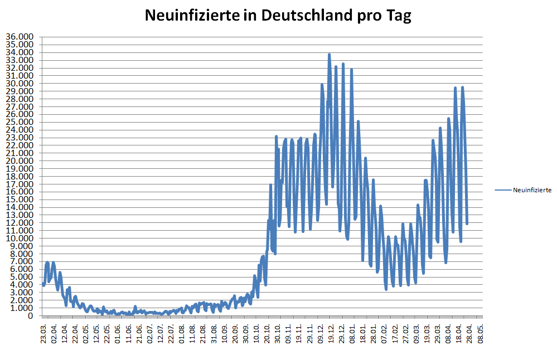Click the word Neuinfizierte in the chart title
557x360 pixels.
click(x=187, y=16)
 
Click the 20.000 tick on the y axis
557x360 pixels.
click(x=20, y=161)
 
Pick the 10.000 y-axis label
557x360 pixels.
click(x=20, y=239)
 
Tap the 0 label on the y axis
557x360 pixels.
click(x=31, y=316)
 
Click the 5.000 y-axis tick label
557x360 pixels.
click(x=22, y=277)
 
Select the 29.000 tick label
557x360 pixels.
click(x=20, y=91)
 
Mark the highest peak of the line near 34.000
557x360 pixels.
click(x=330, y=55)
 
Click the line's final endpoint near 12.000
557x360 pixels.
click(x=467, y=223)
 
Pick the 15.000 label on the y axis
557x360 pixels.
click(x=20, y=200)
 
